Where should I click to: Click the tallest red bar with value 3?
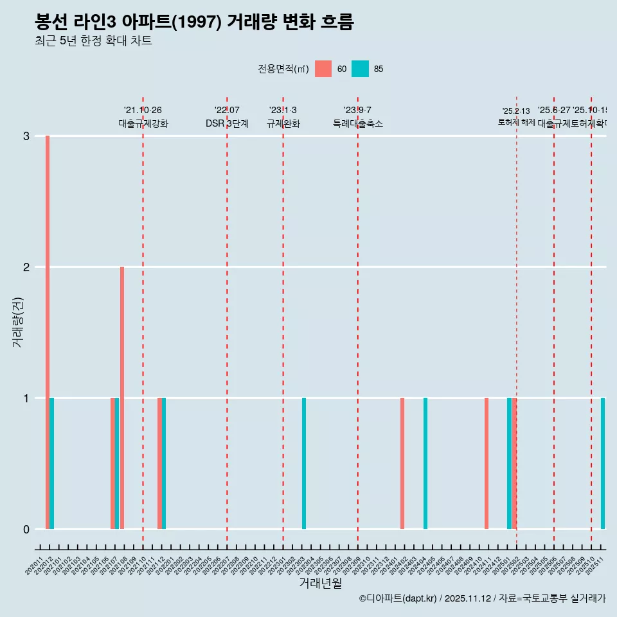coord(48,332)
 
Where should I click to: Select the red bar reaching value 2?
coord(122,397)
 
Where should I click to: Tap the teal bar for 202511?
coord(603,463)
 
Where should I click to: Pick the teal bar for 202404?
coord(425,463)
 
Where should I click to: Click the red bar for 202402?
coord(402,463)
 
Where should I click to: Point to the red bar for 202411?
coord(487,463)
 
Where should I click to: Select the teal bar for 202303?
coord(304,463)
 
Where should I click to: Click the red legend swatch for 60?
coord(324,69)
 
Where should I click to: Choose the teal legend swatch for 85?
coord(361,69)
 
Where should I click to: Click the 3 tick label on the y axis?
coord(26,136)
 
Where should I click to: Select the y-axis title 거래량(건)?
coord(18,321)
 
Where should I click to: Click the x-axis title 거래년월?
coord(320,583)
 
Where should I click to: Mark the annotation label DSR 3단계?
coord(227,123)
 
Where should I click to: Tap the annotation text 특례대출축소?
coord(358,123)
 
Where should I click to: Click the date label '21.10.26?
coord(143,110)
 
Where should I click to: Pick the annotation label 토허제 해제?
coord(517,122)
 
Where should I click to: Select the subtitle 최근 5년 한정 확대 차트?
coord(94,41)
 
